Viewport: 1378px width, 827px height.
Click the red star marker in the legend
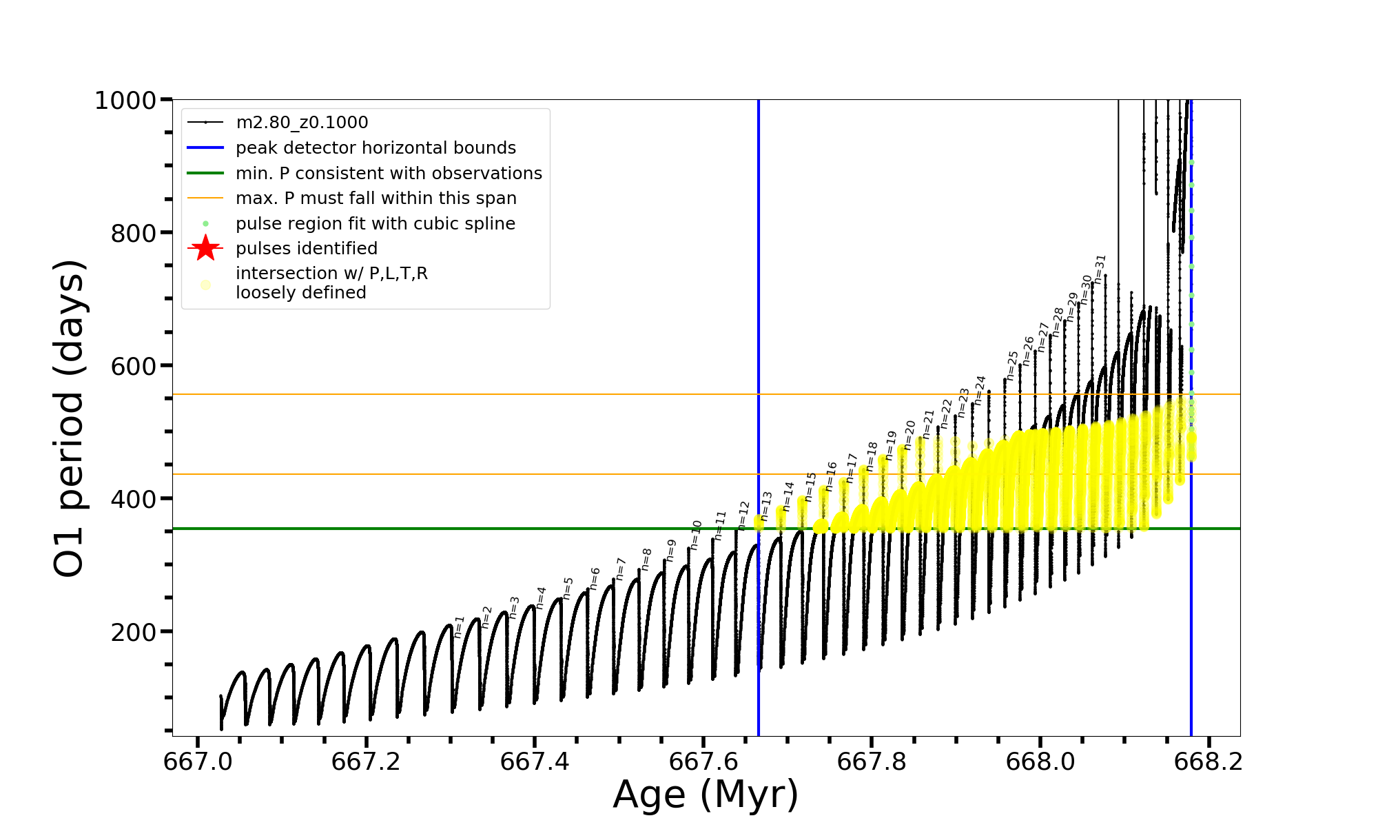point(205,248)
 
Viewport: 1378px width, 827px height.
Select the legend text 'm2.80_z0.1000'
point(302,123)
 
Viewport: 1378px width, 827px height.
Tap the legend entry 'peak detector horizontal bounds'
point(376,148)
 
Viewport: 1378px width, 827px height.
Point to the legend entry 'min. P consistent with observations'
point(389,174)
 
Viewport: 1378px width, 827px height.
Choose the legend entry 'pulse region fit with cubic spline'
point(375,224)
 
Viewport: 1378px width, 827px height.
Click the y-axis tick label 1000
point(125,101)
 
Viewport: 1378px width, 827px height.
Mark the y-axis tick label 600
point(134,366)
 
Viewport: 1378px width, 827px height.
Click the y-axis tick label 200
point(134,632)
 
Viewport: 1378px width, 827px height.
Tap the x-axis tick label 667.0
point(198,762)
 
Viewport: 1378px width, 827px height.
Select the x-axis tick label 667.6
point(703,762)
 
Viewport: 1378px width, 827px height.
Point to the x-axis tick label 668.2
point(1209,762)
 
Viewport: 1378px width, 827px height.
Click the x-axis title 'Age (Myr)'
point(706,795)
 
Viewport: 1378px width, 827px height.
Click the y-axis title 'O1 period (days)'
point(69,418)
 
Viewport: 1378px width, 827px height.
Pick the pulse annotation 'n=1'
point(460,627)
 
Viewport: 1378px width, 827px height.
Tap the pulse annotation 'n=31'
point(1100,269)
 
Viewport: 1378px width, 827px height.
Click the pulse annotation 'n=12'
point(743,515)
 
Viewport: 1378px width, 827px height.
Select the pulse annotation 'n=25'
point(1012,365)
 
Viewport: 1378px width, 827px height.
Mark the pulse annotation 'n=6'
point(595,579)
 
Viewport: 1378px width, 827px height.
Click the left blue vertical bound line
point(759,345)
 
